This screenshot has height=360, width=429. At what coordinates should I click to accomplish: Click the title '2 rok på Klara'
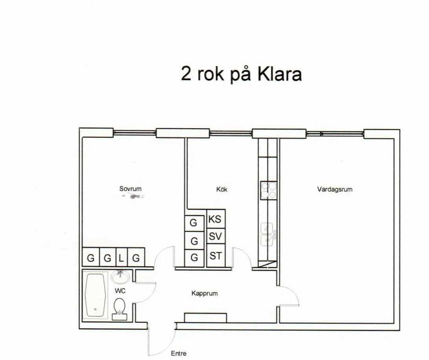(x=241, y=73)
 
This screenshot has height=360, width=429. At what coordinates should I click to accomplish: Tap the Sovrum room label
(x=130, y=189)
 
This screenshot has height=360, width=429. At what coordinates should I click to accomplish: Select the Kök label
(x=222, y=189)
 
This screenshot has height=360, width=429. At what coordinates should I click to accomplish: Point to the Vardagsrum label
(x=334, y=189)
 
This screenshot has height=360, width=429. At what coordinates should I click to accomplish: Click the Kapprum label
(x=204, y=293)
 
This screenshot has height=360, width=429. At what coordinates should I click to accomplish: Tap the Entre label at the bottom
(x=179, y=353)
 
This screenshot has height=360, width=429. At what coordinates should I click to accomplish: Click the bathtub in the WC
(x=95, y=295)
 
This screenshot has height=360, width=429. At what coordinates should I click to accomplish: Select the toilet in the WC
(x=119, y=307)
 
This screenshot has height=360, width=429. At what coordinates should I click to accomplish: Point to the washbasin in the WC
(x=120, y=277)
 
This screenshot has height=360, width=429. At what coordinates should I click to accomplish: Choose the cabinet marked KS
(x=215, y=219)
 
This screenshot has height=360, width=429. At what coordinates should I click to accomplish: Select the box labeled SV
(x=215, y=237)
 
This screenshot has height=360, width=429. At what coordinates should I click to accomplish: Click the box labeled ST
(x=215, y=256)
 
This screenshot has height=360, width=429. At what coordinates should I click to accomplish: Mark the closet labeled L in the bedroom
(x=121, y=258)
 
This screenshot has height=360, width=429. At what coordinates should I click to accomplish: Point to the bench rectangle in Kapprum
(x=205, y=318)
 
